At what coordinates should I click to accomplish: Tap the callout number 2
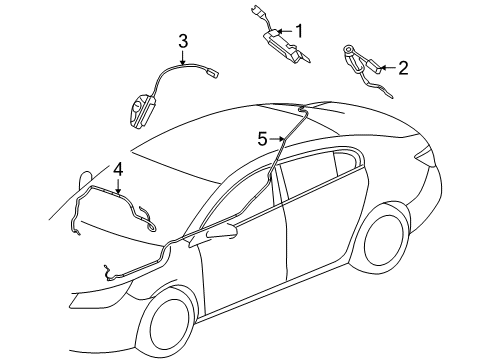pyautogui.click(x=403, y=68)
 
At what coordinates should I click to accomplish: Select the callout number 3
pyautogui.click(x=183, y=42)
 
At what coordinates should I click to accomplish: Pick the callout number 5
pyautogui.click(x=261, y=139)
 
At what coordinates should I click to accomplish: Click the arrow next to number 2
pyautogui.click(x=387, y=68)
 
